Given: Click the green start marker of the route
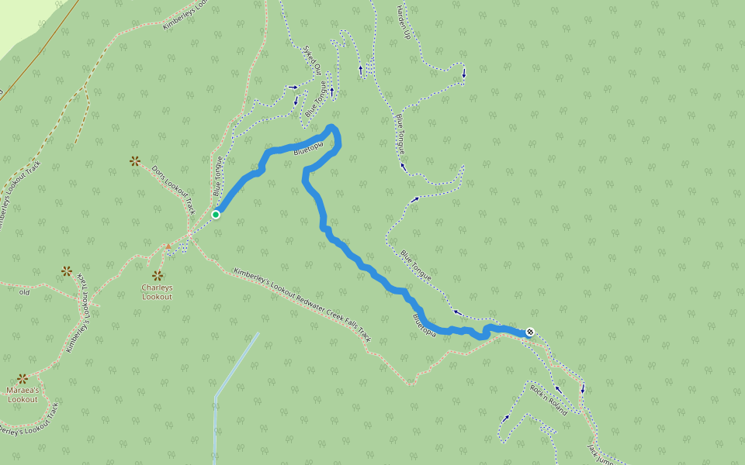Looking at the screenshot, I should [216, 215].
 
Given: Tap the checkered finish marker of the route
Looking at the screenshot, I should [530, 332].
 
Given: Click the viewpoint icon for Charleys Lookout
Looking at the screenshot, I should [158, 276].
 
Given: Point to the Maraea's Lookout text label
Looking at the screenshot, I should [23, 394].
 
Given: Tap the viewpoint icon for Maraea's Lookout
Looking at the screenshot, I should [23, 379].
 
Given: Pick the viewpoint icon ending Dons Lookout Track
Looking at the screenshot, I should [135, 161].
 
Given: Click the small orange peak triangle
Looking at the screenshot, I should [168, 246].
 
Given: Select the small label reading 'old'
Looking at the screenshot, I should [24, 292].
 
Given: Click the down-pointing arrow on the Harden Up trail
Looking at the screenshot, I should [464, 74].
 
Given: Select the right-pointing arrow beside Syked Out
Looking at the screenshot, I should [293, 86].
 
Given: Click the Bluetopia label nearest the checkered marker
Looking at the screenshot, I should [429, 325].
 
